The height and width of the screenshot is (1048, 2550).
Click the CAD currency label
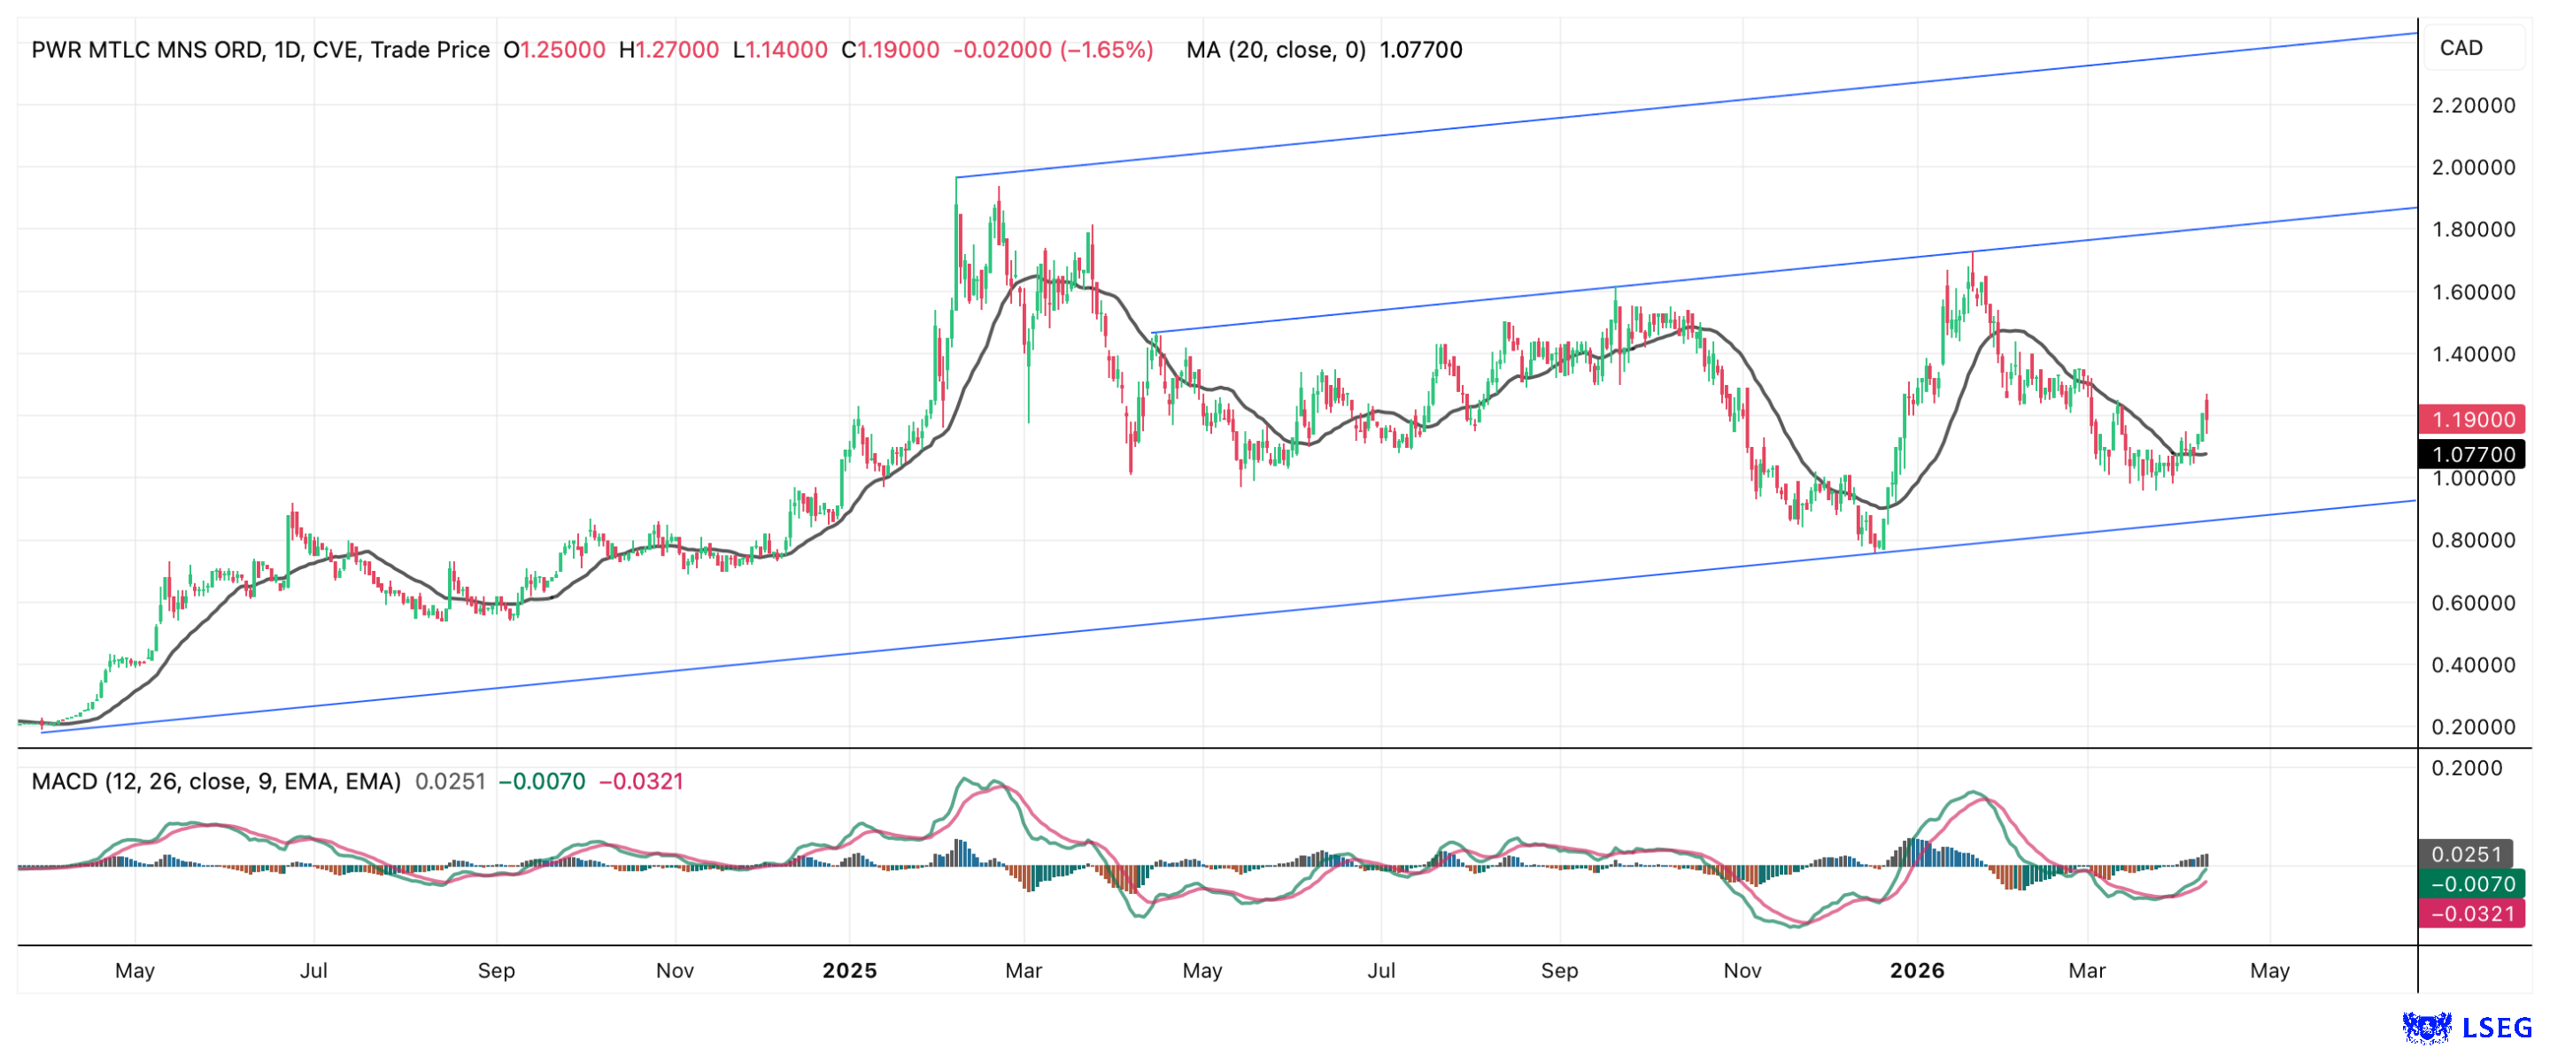pos(2461,49)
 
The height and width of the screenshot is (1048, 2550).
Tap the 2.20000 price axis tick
pos(2473,106)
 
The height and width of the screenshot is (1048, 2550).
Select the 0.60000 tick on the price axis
pos(2473,604)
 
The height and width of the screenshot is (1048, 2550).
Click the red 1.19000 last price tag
pos(2472,420)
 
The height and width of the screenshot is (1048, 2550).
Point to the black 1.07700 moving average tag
pos(2472,455)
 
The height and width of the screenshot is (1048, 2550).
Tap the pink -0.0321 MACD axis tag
pos(2472,914)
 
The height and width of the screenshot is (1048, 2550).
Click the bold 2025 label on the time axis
pos(849,972)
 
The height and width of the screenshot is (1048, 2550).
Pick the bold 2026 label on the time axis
pos(1916,972)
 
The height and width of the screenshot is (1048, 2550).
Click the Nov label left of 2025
pos(675,972)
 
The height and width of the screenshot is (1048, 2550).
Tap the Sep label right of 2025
pos(1559,972)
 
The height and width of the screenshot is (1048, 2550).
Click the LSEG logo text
pos(2497,1029)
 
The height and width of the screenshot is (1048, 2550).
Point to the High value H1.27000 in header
pos(669,50)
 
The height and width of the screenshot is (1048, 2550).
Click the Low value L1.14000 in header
pos(780,50)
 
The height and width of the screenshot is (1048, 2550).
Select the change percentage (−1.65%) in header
pos(1107,50)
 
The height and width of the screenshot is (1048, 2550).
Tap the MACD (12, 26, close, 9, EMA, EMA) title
pos(216,782)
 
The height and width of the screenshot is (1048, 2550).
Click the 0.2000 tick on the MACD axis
pos(2467,769)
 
